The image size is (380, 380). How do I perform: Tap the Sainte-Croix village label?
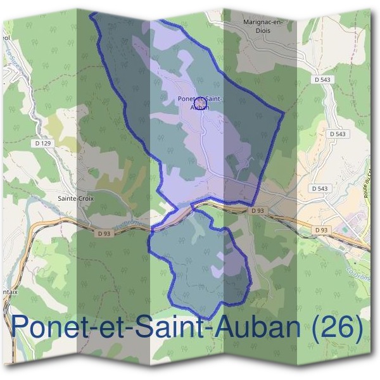[76, 198]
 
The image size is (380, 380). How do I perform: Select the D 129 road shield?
[42, 144]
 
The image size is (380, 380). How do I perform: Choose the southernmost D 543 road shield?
[320, 189]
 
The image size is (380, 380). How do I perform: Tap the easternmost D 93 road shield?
[322, 230]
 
